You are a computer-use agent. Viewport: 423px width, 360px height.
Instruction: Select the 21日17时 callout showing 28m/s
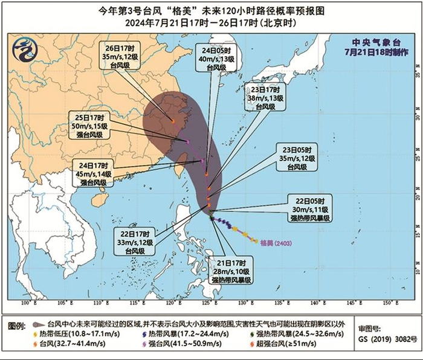pos(230,271)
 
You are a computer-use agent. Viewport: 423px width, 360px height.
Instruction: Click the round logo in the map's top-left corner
pos(23,48)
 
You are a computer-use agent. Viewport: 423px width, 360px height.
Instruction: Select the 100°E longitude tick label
pos(26,302)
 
